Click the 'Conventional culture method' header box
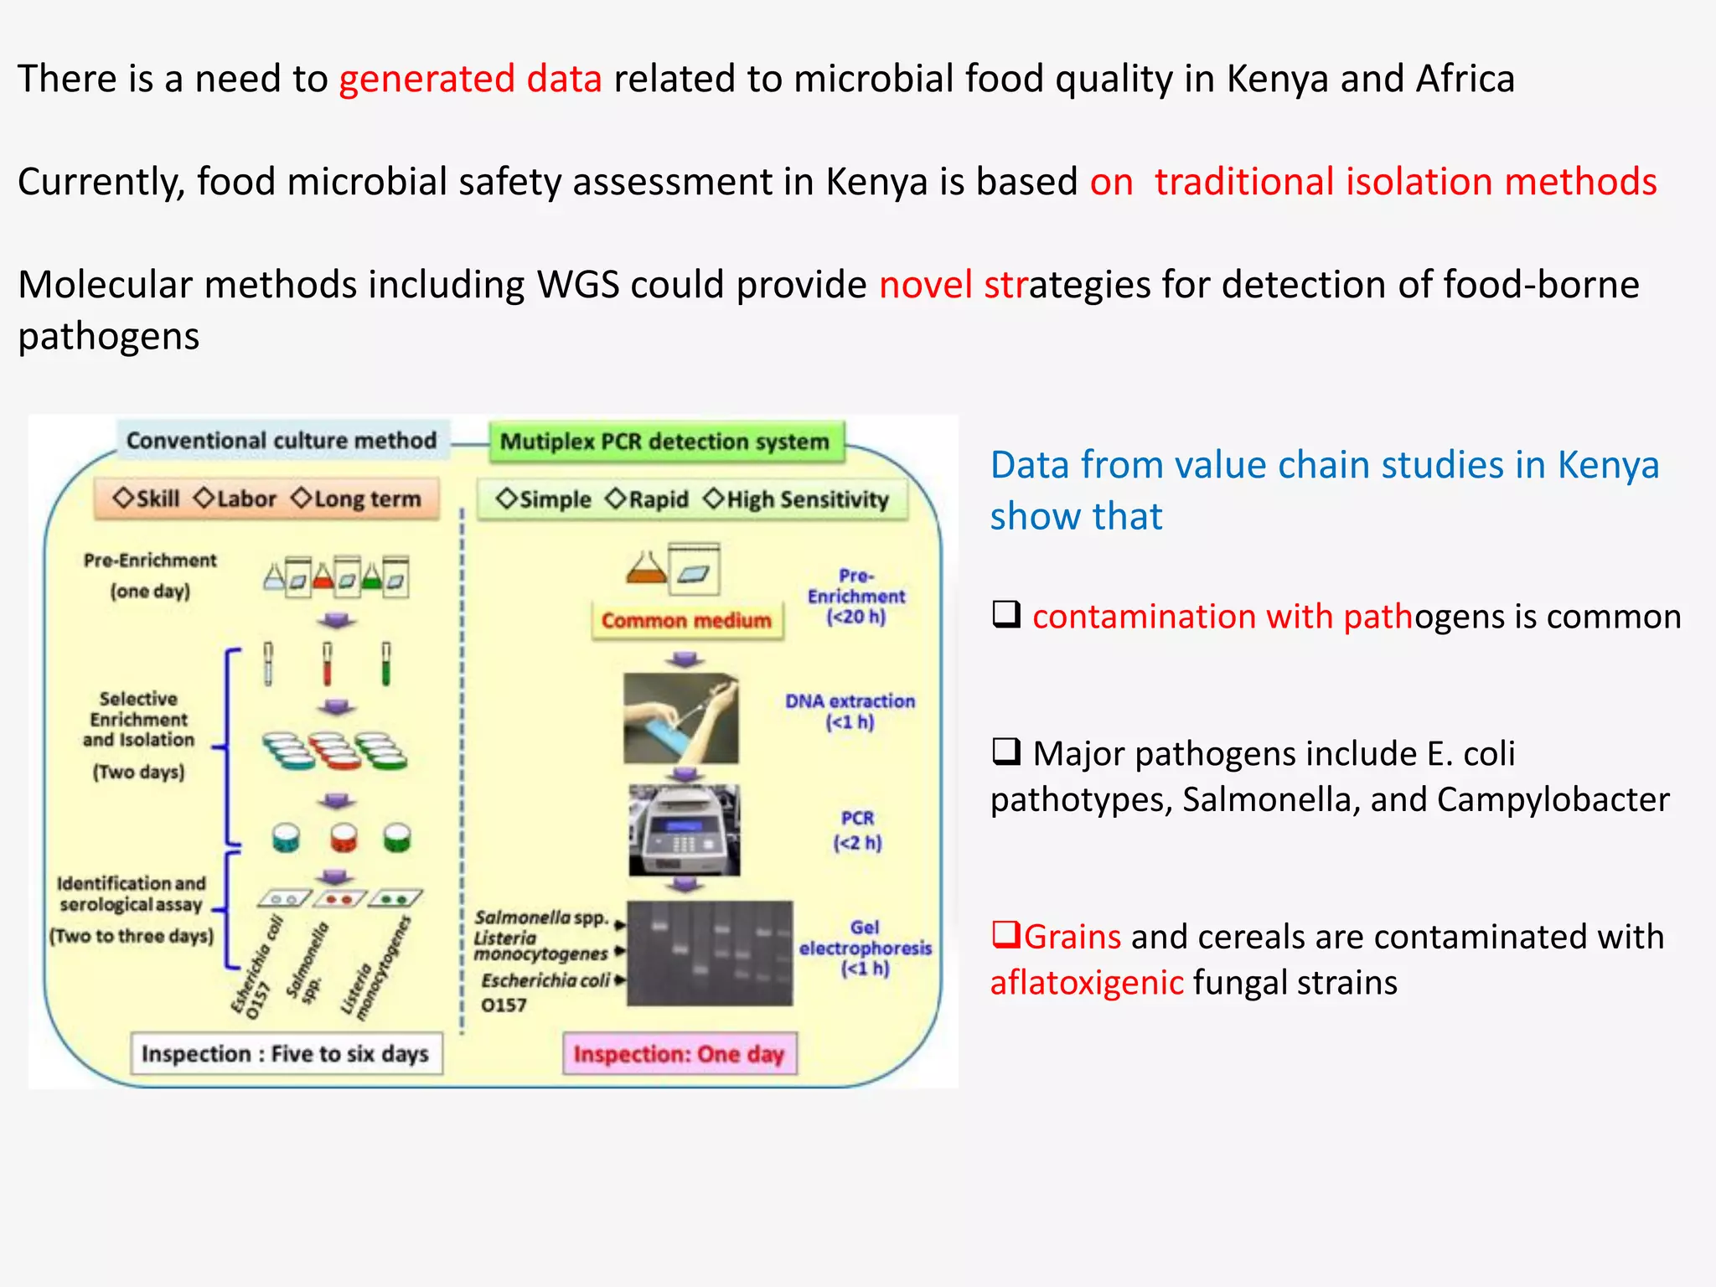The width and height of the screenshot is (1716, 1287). [282, 441]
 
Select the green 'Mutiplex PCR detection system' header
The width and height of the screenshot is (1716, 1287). [664, 442]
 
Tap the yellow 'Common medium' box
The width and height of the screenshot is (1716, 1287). [686, 621]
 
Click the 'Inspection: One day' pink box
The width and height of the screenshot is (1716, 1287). [679, 1054]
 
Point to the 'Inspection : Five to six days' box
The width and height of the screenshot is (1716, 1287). [286, 1054]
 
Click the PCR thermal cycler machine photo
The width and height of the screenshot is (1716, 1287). [685, 830]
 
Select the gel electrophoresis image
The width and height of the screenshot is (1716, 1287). [710, 953]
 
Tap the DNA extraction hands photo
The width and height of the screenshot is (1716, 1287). [681, 718]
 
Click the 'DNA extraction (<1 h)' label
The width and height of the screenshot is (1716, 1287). [850, 711]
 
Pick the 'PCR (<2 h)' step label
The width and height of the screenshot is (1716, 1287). [857, 830]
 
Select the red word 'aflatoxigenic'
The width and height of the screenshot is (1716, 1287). [1087, 983]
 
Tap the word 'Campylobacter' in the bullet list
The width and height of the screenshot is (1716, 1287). [1553, 800]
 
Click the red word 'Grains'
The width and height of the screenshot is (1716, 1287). [1072, 937]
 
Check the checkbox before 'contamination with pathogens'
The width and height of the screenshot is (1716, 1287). [1006, 614]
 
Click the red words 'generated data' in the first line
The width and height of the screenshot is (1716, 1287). [470, 79]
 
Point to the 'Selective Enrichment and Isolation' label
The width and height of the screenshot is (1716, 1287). [139, 720]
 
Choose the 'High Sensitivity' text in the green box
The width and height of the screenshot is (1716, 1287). [807, 499]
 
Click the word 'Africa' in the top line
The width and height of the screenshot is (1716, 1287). [1465, 79]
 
